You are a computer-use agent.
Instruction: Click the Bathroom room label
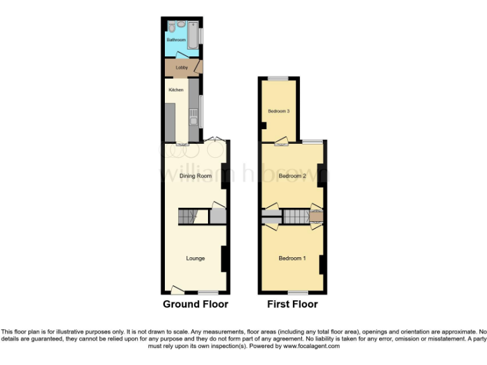[x=176, y=40]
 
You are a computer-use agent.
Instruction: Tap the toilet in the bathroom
[x=171, y=26]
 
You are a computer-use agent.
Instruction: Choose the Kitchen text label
[x=176, y=90]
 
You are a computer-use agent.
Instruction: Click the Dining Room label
[x=195, y=176]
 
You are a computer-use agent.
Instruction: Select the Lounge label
[x=195, y=258]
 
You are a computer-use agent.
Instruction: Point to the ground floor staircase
[x=186, y=217]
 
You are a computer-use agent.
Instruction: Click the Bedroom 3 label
[x=278, y=111]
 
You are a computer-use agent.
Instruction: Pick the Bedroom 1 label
[x=292, y=258]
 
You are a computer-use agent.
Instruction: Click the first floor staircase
[x=295, y=217]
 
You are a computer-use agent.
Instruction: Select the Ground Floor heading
[x=195, y=304]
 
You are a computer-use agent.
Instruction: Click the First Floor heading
[x=292, y=304]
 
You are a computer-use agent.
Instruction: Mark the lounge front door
[x=177, y=290]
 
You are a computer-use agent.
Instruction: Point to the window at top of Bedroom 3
[x=278, y=79]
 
